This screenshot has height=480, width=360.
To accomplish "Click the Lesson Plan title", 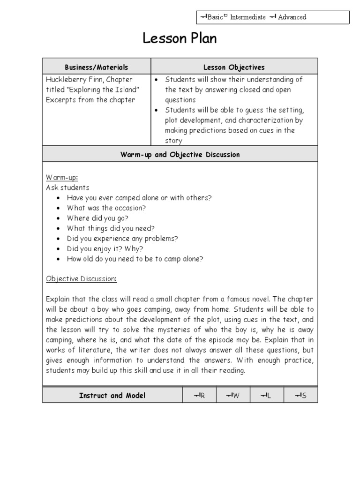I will click(x=180, y=39).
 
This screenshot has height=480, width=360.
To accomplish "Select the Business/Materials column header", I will click(x=96, y=67).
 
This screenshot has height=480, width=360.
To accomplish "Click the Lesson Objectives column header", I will click(x=234, y=67).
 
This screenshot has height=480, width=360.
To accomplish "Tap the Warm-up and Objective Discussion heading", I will click(x=180, y=154).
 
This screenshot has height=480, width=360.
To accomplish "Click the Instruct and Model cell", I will click(x=112, y=395).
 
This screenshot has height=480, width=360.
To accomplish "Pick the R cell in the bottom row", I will click(x=199, y=396).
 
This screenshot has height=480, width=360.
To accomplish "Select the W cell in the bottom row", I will click(x=233, y=396).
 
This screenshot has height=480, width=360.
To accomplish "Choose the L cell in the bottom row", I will click(x=267, y=396).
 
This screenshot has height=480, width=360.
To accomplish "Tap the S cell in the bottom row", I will click(x=300, y=396).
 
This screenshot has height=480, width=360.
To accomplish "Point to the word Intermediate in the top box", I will click(x=247, y=17).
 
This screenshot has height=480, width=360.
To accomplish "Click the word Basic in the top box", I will click(x=215, y=17).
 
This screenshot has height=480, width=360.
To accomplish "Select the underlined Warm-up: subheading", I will click(x=62, y=178).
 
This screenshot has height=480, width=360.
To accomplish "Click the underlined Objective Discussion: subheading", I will click(x=81, y=279).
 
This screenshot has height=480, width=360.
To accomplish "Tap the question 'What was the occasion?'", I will click(x=106, y=208).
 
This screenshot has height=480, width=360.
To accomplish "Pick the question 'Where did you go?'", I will click(x=97, y=218).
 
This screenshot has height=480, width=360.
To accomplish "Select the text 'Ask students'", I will click(x=67, y=187).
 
